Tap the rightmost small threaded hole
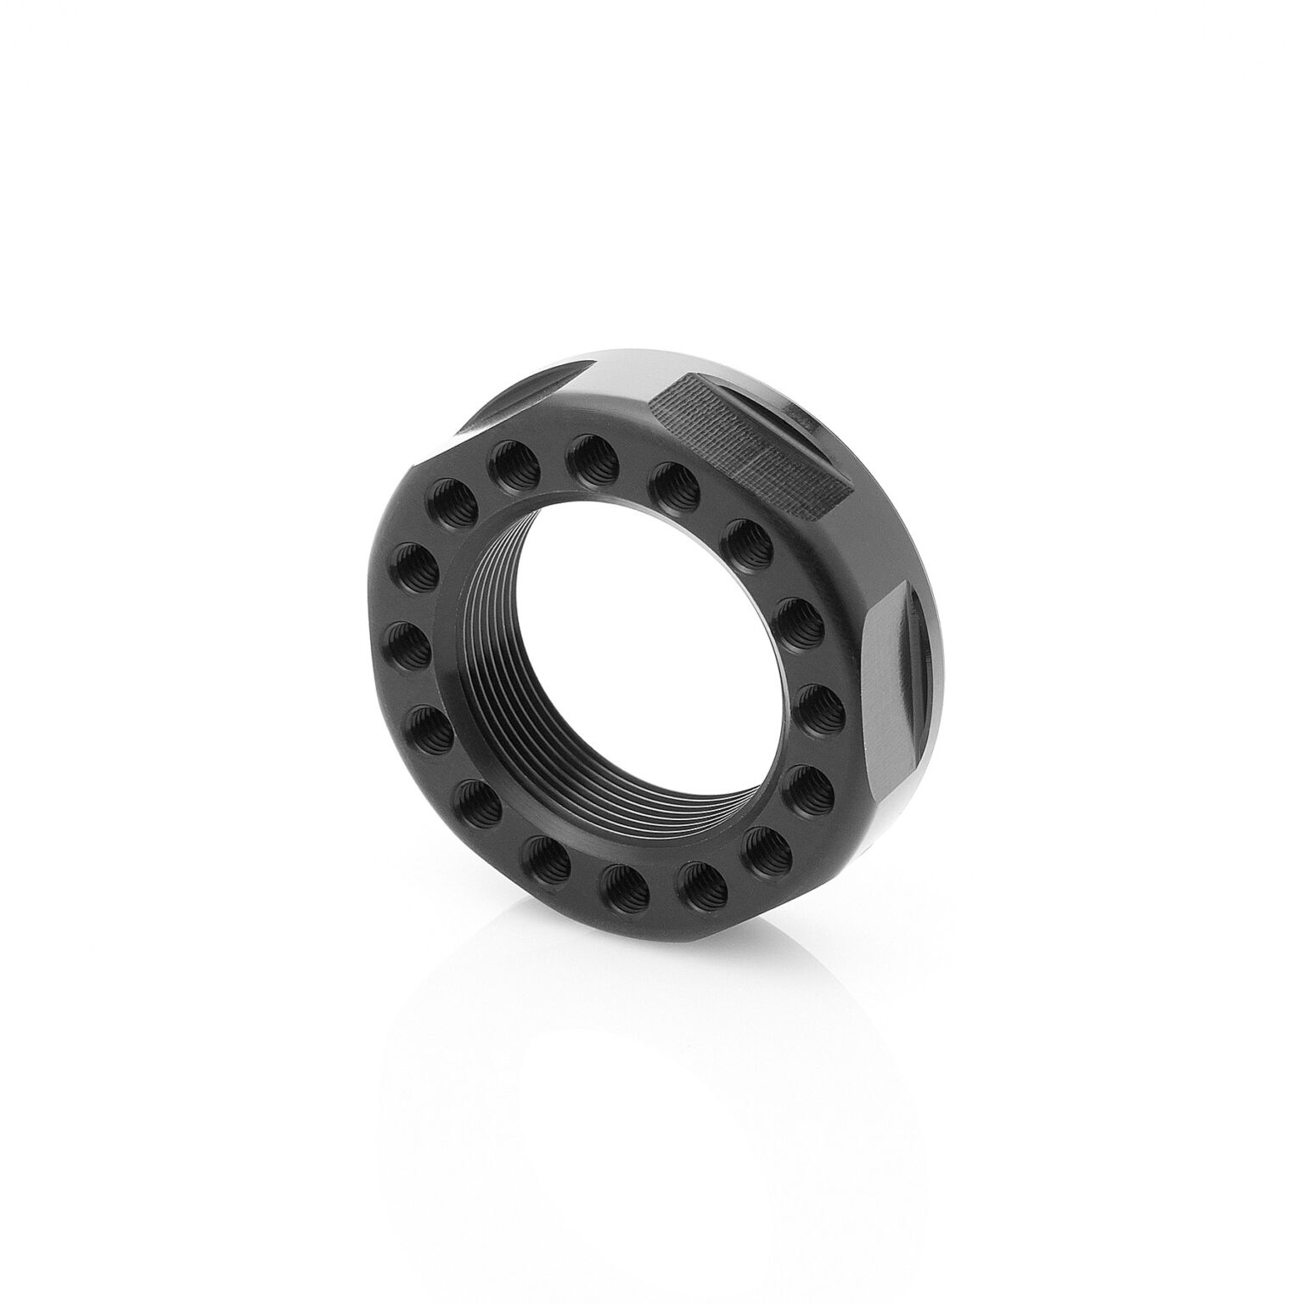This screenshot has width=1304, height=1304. tap(818, 700)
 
